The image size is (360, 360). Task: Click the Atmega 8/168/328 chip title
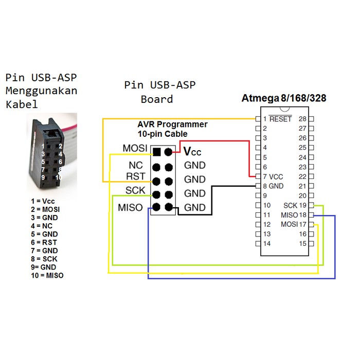pyautogui.click(x=284, y=98)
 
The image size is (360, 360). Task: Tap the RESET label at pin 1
pyautogui.click(x=280, y=119)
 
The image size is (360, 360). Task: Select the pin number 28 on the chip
pyautogui.click(x=302, y=119)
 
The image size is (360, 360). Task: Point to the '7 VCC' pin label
pyautogui.click(x=273, y=176)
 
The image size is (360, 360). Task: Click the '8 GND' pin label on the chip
pyautogui.click(x=273, y=186)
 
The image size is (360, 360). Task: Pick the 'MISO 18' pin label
pyautogui.click(x=294, y=215)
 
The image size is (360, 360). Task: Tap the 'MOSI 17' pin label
pyautogui.click(x=294, y=225)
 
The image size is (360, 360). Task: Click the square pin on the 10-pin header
pyautogui.click(x=156, y=152)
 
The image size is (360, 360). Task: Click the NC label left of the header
pyautogui.click(x=136, y=166)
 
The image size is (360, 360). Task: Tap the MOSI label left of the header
pyautogui.click(x=135, y=149)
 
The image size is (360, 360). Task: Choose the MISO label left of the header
pyautogui.click(x=130, y=208)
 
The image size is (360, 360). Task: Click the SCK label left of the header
pyautogui.click(x=135, y=191)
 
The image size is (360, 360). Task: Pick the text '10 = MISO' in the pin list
pyautogui.click(x=47, y=275)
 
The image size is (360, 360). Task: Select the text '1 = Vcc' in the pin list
pyautogui.click(x=43, y=201)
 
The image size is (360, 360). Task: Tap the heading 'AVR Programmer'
pyautogui.click(x=172, y=124)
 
